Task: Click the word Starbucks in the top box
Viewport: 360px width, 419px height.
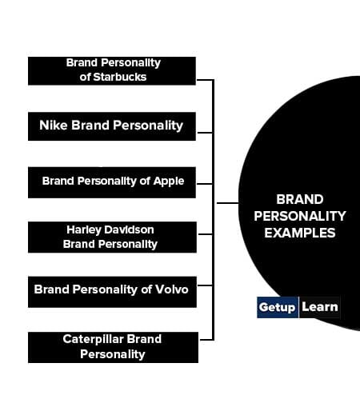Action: (x=120, y=77)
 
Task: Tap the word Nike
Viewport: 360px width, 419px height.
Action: (x=53, y=125)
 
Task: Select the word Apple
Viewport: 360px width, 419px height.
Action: (x=169, y=182)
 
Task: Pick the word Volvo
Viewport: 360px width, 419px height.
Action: (x=172, y=289)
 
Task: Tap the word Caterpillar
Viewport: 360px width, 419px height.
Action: (x=93, y=340)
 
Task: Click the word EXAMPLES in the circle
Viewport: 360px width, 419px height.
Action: (x=299, y=233)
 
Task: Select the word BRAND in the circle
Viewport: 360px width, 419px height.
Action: (x=299, y=199)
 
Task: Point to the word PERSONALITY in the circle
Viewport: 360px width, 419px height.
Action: (x=299, y=216)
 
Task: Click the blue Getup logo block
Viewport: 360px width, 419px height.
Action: (x=278, y=307)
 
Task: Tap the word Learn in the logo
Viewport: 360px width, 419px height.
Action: (x=320, y=307)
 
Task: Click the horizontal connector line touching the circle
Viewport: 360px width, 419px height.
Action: (x=227, y=203)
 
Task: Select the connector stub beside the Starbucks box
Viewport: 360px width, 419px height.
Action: (x=206, y=80)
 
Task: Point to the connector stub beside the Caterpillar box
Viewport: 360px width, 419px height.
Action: (x=206, y=340)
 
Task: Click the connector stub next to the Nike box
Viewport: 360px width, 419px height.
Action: (x=206, y=132)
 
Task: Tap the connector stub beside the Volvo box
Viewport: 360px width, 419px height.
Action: (x=206, y=285)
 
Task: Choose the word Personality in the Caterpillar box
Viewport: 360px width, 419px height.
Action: (x=113, y=354)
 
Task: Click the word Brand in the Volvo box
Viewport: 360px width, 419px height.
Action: (x=52, y=289)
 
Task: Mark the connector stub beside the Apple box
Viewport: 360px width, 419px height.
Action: (x=205, y=184)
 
